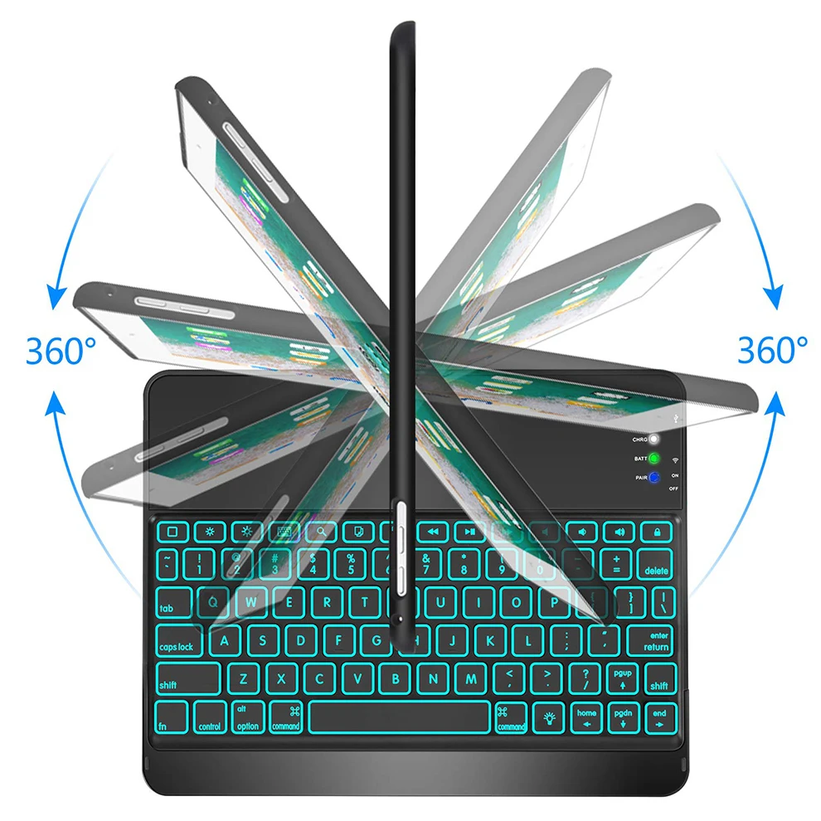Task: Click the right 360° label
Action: (x=772, y=350)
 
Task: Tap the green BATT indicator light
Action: (x=654, y=458)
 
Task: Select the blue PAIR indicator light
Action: (x=654, y=478)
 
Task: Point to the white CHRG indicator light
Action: (x=654, y=439)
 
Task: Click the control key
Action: (x=210, y=717)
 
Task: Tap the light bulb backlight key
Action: (x=548, y=717)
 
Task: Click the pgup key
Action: (x=622, y=678)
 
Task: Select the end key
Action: (x=659, y=717)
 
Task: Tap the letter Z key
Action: (x=244, y=678)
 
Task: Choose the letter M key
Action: (x=470, y=678)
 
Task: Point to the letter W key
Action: (x=252, y=603)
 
